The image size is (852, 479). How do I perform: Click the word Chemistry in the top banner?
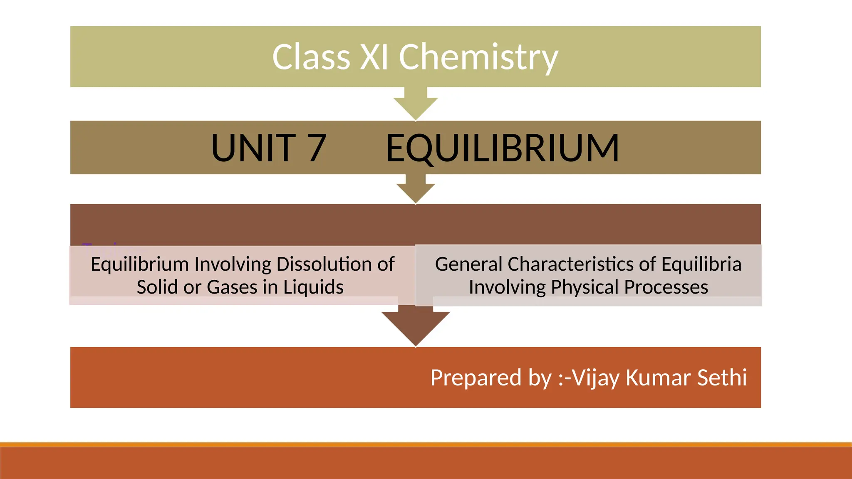coord(478,57)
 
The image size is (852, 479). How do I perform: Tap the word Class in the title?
coord(311,57)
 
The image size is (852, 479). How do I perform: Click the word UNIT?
coord(253,148)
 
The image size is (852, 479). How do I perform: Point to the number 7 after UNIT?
coord(317,148)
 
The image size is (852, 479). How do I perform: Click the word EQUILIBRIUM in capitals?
coord(502,148)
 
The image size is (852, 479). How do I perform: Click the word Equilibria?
coord(701,264)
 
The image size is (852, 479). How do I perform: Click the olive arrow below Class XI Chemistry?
coord(416,104)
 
